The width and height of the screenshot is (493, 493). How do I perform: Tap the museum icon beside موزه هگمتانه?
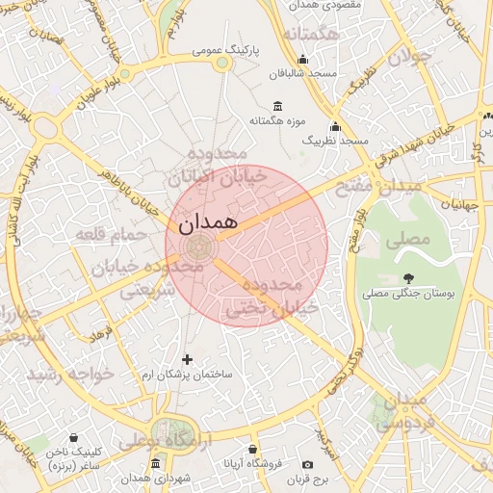point(278,106)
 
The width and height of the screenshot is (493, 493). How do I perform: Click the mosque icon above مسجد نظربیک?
point(335,126)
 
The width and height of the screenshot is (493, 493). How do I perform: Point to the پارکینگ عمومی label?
point(222,49)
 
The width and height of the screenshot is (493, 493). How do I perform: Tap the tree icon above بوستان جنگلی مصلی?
point(409,277)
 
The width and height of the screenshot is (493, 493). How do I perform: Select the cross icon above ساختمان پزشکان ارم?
point(187,359)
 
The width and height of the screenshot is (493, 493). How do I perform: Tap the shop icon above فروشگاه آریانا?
point(252,449)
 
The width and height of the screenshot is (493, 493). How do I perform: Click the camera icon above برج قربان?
point(307,464)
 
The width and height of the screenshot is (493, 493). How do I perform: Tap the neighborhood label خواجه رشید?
point(69,372)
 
